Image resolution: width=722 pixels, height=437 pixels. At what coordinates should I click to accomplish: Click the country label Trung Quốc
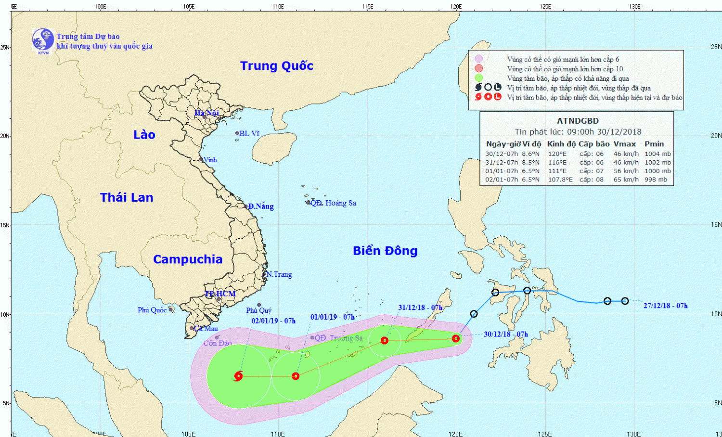[277, 66]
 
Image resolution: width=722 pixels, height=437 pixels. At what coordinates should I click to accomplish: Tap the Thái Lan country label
[127, 197]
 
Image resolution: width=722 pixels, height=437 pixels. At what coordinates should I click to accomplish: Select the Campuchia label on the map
[188, 259]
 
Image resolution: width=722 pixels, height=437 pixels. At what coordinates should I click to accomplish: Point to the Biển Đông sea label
[385, 251]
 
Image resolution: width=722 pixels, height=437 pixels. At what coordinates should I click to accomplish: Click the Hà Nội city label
[206, 113]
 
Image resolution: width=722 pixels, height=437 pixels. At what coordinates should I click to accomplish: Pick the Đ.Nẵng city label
[261, 206]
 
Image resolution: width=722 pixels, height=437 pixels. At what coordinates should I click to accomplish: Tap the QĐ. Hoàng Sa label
[333, 203]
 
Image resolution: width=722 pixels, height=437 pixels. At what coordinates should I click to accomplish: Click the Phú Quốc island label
[152, 310]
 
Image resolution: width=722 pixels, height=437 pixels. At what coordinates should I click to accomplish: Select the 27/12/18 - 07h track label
[665, 306]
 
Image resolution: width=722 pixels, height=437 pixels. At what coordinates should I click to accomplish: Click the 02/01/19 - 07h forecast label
[273, 321]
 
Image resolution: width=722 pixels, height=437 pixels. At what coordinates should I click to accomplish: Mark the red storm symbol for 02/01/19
[238, 376]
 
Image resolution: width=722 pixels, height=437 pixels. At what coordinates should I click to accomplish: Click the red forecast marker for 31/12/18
[385, 340]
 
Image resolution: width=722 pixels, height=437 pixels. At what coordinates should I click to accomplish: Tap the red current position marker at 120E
[456, 339]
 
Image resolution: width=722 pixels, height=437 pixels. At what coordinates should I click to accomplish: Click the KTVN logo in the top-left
[43, 40]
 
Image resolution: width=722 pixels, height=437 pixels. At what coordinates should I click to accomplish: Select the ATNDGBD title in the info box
[578, 121]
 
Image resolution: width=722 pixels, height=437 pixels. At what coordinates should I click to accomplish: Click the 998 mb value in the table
[656, 180]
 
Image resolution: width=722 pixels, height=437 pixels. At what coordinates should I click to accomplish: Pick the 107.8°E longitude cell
[560, 180]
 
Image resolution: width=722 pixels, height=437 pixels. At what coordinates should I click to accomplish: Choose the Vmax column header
[624, 144]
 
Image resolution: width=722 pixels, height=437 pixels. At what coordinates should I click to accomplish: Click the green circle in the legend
[478, 78]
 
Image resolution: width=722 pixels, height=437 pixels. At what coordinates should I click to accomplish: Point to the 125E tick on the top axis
[545, 7]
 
